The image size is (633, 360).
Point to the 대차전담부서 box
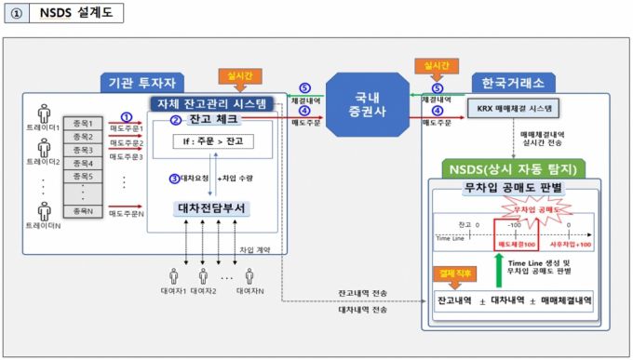(212, 207)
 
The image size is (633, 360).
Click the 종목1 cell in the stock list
(84, 123)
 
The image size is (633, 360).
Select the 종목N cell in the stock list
(84, 213)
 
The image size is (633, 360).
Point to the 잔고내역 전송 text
(363, 293)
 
